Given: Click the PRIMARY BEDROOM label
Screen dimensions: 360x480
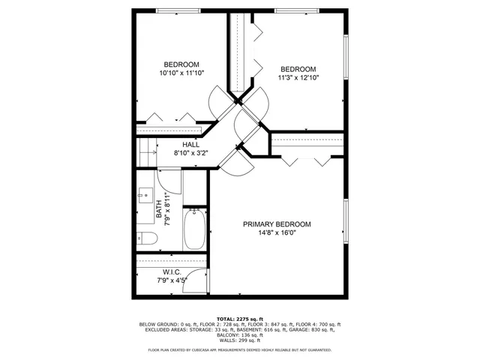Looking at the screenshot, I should (x=277, y=224).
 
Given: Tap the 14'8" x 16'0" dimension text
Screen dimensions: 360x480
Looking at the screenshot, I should (x=277, y=232).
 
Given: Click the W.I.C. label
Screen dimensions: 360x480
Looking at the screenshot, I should (x=172, y=271).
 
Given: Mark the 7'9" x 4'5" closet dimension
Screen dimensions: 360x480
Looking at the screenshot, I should (x=172, y=280).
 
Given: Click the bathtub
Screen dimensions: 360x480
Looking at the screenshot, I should (x=194, y=229).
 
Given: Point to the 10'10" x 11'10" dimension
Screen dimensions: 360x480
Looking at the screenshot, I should (x=181, y=73).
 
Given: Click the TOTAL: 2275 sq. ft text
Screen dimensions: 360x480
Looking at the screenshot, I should (x=239, y=319).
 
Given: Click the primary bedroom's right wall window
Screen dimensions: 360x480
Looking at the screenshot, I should (x=346, y=224).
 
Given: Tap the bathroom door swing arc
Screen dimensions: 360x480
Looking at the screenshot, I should (x=170, y=180).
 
